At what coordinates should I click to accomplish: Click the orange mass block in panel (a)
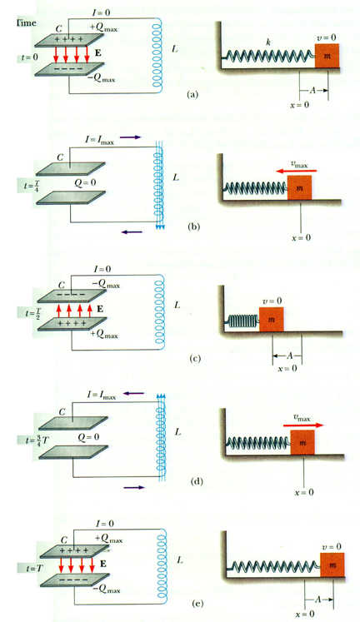pyautogui.click(x=327, y=56)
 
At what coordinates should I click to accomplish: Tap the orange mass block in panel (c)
pyautogui.click(x=271, y=320)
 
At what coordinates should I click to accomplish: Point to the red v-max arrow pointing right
pyautogui.click(x=303, y=425)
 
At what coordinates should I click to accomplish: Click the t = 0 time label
pyautogui.click(x=30, y=57)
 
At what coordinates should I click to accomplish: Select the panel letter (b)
pyautogui.click(x=195, y=226)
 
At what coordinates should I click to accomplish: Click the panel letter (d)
pyautogui.click(x=197, y=481)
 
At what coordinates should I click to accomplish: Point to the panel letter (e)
pyautogui.click(x=197, y=604)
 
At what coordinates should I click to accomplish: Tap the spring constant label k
pyautogui.click(x=268, y=42)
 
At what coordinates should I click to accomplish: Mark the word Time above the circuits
pyautogui.click(x=27, y=22)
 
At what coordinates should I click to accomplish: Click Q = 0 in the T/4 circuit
pyautogui.click(x=86, y=183)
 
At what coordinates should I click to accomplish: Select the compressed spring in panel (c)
pyautogui.click(x=242, y=321)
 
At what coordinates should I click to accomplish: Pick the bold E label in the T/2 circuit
pyautogui.click(x=99, y=308)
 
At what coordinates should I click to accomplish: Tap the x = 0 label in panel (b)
pyautogui.click(x=302, y=238)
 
